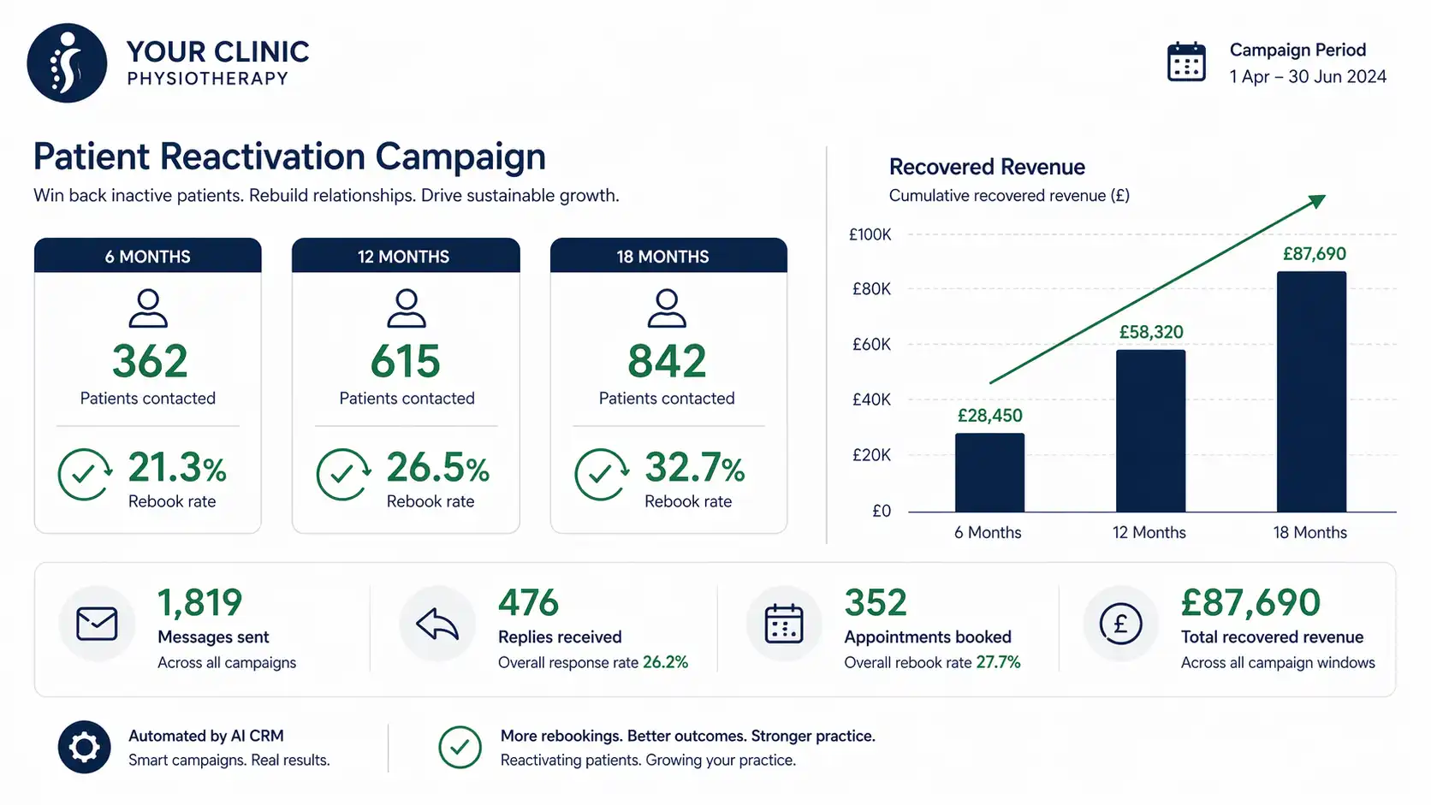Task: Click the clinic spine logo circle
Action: pos(67,63)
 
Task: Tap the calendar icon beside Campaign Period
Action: pos(1186,62)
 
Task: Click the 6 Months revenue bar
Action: pos(989,472)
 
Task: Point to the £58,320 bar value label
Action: pos(1151,332)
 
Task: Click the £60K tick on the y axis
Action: pos(871,345)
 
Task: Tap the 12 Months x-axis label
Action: pos(1149,533)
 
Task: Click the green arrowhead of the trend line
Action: pos(1317,201)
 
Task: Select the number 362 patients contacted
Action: pos(150,362)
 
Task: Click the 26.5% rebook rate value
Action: pos(437,468)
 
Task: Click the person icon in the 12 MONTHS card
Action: pos(407,309)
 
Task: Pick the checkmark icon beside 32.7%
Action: pos(600,474)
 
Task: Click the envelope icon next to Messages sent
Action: pos(97,624)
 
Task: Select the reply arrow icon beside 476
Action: pos(437,624)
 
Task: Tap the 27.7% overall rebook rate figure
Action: pos(998,662)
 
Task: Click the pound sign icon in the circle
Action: pos(1119,624)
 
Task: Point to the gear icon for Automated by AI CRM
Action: pos(84,748)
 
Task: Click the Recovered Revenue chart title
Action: pos(987,167)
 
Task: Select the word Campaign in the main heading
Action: pos(460,157)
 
